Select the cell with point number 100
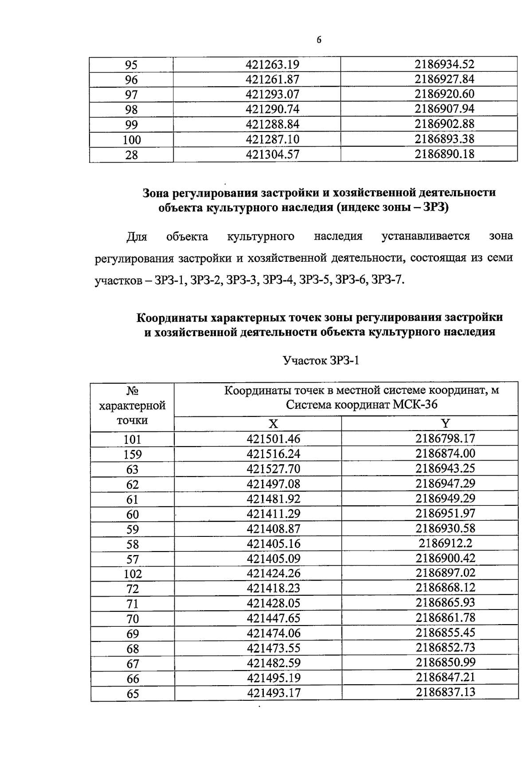(132, 140)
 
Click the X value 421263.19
(273, 65)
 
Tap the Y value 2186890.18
(444, 154)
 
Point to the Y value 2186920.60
(444, 94)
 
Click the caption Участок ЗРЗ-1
(321, 361)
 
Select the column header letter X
(274, 424)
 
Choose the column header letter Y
(445, 424)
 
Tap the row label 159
(133, 454)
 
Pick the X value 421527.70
(274, 469)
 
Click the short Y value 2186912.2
(445, 543)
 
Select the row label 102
(133, 574)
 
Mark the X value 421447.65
(274, 618)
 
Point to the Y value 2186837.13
(445, 692)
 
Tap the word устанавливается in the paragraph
(426, 236)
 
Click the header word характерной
(133, 405)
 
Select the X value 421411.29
(274, 514)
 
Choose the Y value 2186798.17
(445, 439)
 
